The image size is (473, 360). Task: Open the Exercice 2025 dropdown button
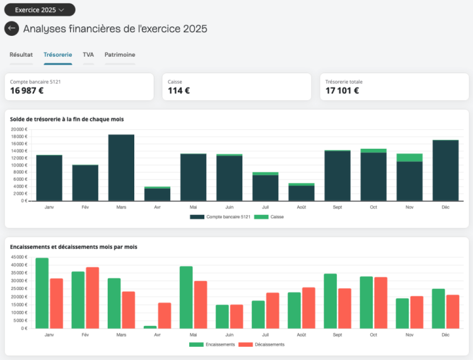[x=40, y=9]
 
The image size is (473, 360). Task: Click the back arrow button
[x=12, y=28]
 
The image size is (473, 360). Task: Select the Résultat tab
[x=21, y=55]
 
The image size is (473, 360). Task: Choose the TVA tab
[x=88, y=55]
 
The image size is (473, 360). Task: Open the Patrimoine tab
[x=120, y=55]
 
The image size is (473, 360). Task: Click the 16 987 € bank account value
[x=27, y=90]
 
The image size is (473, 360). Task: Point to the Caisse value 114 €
[x=178, y=90]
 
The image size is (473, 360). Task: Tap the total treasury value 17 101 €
[x=342, y=90]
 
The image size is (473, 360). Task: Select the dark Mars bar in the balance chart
[x=121, y=168]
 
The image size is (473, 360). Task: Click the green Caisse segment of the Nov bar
[x=409, y=158]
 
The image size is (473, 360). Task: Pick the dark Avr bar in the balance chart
[x=157, y=194]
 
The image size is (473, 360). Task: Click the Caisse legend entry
[x=269, y=217]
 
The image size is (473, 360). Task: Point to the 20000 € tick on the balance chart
[x=19, y=129]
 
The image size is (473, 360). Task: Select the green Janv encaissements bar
[x=42, y=293]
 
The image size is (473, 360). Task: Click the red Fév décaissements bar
[x=92, y=298]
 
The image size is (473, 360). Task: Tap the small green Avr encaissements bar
[x=150, y=327]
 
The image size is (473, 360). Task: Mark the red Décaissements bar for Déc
[x=453, y=311]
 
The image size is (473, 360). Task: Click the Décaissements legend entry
[x=262, y=344]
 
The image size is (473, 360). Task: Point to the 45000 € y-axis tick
[x=19, y=257]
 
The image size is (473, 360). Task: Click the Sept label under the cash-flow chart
[x=337, y=335]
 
